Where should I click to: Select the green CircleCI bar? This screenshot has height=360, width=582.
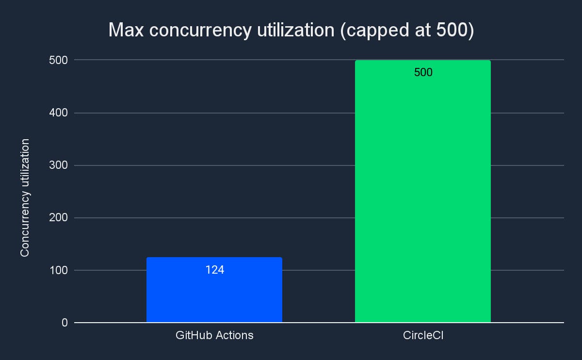coord(422,194)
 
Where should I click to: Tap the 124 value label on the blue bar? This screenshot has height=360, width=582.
coord(214,270)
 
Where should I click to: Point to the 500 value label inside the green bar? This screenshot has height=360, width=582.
coord(423,73)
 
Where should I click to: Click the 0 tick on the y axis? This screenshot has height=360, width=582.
coord(64,323)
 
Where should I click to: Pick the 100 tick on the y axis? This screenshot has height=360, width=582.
coord(58,270)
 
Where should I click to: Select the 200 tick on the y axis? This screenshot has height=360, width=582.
coord(58,218)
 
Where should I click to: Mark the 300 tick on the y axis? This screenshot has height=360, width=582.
coord(58,165)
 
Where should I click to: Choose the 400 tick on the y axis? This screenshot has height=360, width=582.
coord(58,113)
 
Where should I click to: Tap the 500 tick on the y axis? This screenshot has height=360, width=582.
coord(58,60)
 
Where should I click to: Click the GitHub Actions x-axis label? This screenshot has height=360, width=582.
coord(214,335)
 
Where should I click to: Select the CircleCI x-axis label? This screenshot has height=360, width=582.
coord(423,335)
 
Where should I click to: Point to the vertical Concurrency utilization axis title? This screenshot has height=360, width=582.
coord(25,198)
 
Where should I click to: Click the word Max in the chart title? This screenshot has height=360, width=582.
coord(126,30)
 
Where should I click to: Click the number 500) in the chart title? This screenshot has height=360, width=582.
coord(454,30)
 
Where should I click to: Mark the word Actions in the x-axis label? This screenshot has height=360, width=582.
coord(235,335)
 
